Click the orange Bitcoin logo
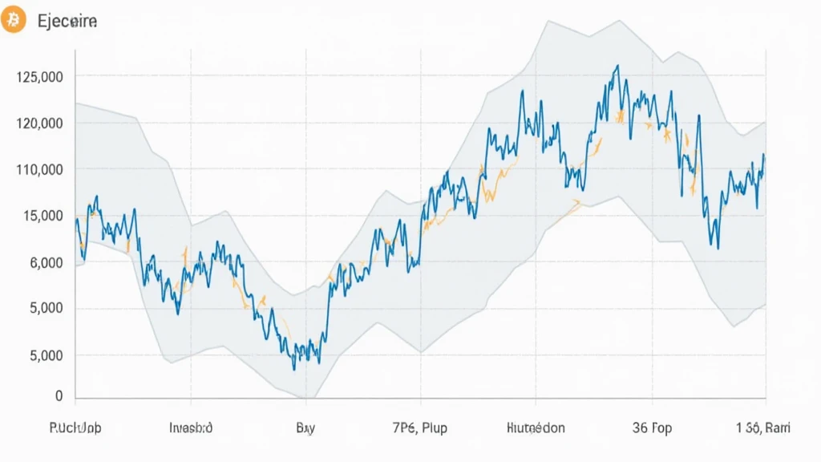[14, 21]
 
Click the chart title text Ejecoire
[67, 22]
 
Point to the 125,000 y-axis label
[39, 77]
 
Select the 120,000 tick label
[39, 124]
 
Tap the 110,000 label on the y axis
[39, 170]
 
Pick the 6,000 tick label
[45, 262]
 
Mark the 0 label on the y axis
[59, 396]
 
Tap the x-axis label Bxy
[305, 428]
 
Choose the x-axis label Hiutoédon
[536, 428]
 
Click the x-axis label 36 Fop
[652, 428]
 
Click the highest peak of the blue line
[617, 67]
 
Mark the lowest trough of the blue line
[294, 369]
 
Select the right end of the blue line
[764, 155]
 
